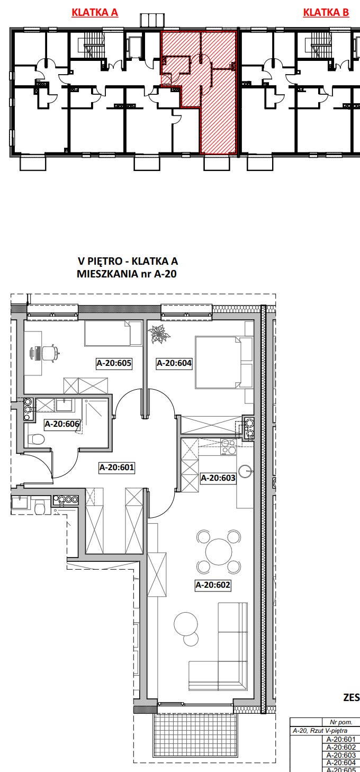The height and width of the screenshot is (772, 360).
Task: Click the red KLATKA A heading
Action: [95, 12]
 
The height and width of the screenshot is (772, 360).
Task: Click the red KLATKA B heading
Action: [326, 12]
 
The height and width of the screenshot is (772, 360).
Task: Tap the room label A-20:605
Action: [114, 363]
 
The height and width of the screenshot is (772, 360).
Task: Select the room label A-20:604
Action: [174, 363]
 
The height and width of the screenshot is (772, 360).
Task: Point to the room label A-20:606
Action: [62, 424]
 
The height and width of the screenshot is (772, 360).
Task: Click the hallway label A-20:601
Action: [117, 468]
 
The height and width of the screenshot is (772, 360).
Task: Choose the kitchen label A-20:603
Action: [218, 478]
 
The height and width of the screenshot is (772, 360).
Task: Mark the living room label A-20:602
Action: [212, 585]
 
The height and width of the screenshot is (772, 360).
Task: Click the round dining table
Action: [219, 552]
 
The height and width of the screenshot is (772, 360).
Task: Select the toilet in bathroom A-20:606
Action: [37, 439]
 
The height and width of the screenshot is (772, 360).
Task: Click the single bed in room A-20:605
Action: [113, 333]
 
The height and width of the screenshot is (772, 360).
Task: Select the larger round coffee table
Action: [186, 623]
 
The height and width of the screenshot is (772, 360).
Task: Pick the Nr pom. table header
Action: [341, 722]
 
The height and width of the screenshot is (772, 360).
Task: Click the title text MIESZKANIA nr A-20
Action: [127, 274]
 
